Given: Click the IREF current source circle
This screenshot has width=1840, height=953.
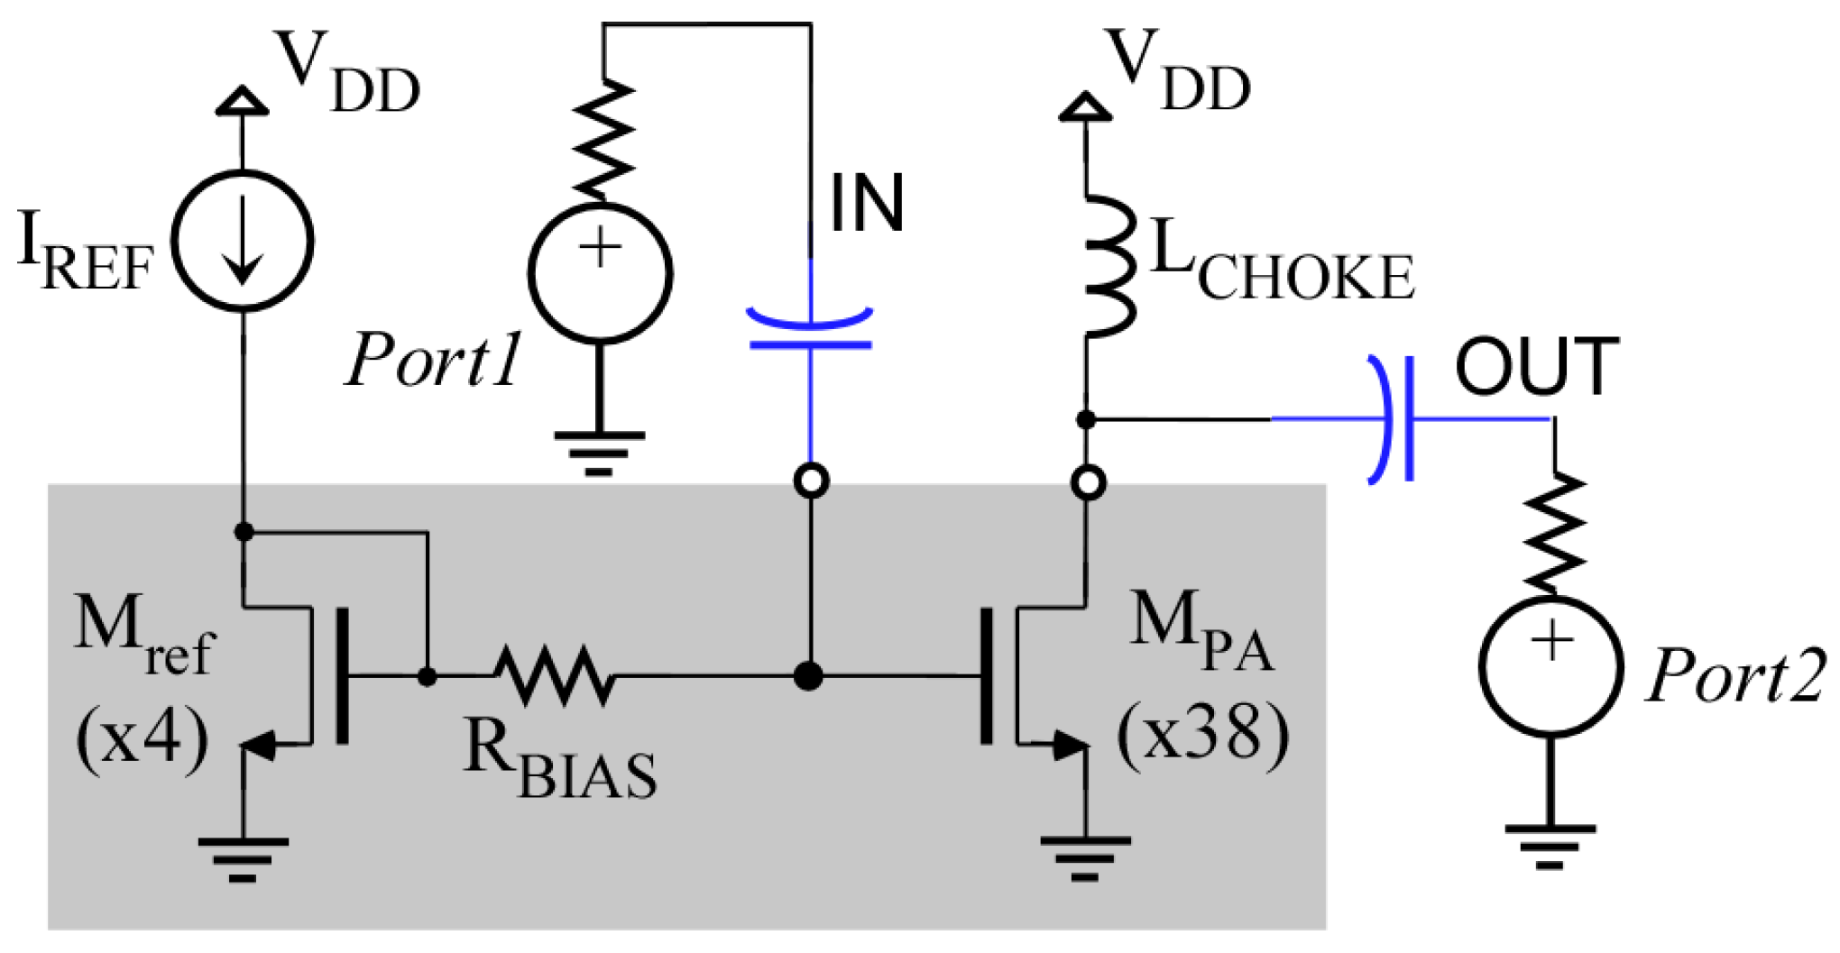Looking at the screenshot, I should [x=242, y=241].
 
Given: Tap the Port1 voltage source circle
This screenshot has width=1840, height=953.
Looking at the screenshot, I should [x=600, y=273].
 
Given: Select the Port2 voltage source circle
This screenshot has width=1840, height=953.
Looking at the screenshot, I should [x=1550, y=666].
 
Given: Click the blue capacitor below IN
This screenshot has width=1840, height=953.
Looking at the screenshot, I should [x=810, y=331].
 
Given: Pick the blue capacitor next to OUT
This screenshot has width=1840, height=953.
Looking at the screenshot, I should [x=1394, y=419].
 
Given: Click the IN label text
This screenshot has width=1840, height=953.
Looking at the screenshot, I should [x=866, y=204].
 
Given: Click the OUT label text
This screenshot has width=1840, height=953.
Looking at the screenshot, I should [x=1536, y=367].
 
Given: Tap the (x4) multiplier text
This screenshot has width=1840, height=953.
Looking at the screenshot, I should [x=143, y=739].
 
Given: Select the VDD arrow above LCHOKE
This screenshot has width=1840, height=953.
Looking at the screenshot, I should [x=1085, y=106].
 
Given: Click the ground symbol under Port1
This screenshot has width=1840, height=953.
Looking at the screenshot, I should [x=599, y=451].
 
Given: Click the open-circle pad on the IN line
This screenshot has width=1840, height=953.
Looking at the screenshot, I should [x=812, y=481].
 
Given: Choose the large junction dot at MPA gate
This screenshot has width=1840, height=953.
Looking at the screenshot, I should [x=808, y=675].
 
